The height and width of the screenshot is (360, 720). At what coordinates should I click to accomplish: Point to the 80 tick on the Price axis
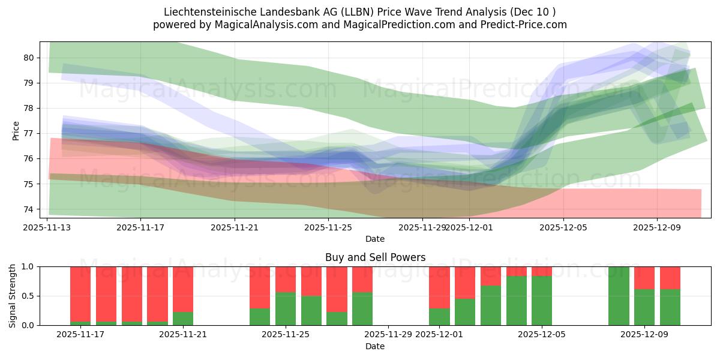click(x=29, y=58)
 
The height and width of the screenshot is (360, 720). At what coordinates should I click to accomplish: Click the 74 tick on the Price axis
click(x=29, y=209)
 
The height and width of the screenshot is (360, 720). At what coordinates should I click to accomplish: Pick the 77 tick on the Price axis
click(x=29, y=133)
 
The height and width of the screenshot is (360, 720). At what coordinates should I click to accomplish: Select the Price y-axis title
click(x=16, y=130)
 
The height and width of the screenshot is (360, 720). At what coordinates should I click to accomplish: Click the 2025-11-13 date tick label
click(x=47, y=227)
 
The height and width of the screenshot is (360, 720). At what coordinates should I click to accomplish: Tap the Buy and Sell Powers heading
click(x=375, y=257)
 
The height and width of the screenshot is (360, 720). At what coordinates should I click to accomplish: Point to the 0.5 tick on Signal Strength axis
click(x=26, y=296)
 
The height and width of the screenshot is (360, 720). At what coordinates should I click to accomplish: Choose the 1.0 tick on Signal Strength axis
click(x=26, y=266)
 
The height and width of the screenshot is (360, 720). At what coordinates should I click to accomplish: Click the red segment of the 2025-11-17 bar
click(x=80, y=294)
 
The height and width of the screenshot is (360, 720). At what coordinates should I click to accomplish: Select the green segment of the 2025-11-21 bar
click(x=183, y=319)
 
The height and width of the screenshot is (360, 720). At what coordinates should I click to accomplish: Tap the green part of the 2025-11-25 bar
click(x=286, y=308)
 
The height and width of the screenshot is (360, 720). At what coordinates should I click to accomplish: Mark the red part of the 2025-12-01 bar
click(x=439, y=287)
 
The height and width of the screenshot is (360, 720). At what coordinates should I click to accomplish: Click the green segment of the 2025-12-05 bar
click(x=542, y=301)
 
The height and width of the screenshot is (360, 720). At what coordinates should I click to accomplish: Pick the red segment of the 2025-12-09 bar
click(x=644, y=278)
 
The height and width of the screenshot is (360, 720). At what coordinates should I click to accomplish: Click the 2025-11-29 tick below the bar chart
click(x=388, y=335)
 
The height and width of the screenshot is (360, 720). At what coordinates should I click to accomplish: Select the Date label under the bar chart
click(x=375, y=346)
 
